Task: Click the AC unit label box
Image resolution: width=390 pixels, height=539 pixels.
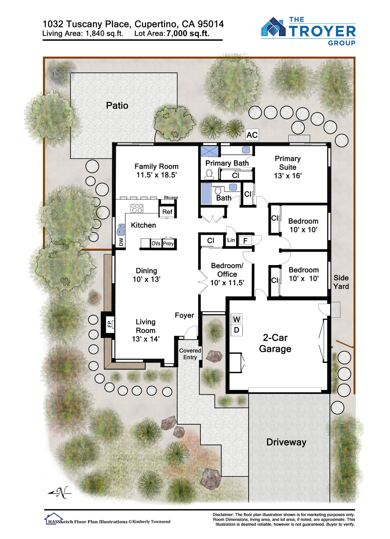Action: (x=252, y=135)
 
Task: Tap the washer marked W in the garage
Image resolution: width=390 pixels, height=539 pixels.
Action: (x=237, y=319)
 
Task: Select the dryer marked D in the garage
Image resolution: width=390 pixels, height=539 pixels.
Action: (x=237, y=330)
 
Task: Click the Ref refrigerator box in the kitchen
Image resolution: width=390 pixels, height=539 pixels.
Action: (x=167, y=212)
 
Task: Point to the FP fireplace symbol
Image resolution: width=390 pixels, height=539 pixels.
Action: (x=109, y=324)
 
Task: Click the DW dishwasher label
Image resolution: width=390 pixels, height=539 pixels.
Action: (x=121, y=242)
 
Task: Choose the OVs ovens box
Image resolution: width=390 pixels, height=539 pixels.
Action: (x=156, y=243)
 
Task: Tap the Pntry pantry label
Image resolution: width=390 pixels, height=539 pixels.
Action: (x=168, y=243)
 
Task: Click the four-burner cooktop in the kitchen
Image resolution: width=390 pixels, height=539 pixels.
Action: (x=137, y=208)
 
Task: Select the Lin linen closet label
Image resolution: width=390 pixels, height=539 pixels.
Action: (x=231, y=240)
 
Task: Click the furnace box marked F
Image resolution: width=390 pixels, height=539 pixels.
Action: (x=245, y=241)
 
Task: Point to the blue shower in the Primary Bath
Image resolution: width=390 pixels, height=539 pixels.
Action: (x=209, y=151)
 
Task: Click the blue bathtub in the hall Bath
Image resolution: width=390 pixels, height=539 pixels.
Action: (x=206, y=193)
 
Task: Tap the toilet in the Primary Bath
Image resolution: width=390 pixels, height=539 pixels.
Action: (x=209, y=174)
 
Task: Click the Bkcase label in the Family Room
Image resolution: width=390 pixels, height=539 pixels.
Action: (x=171, y=198)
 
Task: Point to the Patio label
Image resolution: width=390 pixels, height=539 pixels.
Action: (x=117, y=105)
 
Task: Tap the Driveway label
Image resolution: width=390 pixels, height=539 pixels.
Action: (x=286, y=442)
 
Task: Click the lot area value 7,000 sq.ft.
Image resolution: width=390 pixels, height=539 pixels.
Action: (x=188, y=33)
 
